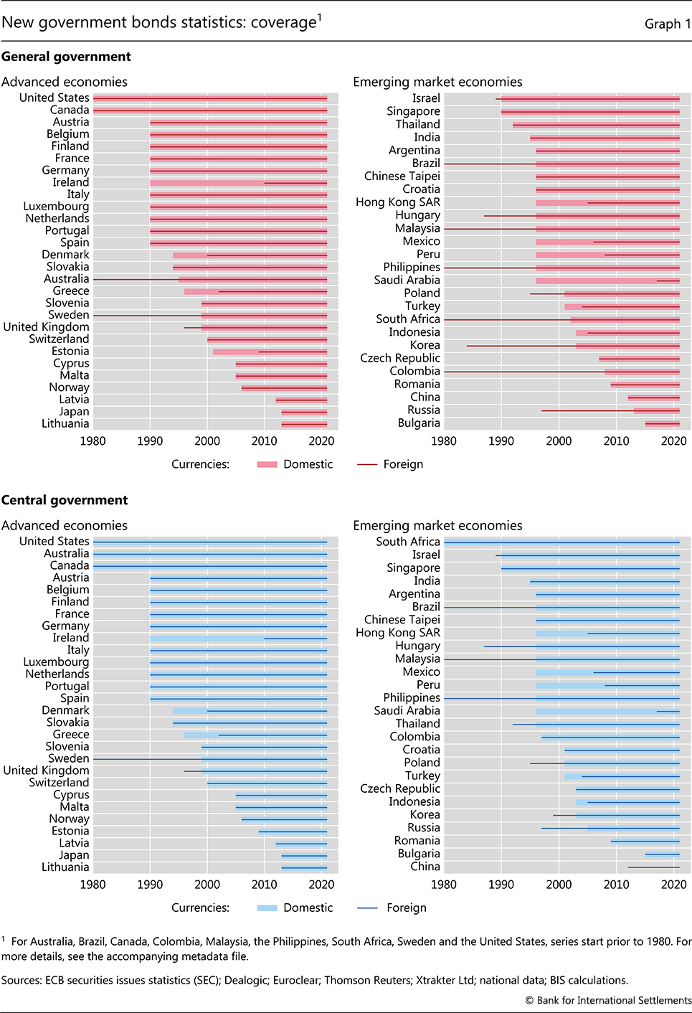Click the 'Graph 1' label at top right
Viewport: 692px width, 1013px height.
pos(668,24)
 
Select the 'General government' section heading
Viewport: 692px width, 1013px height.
pos(66,57)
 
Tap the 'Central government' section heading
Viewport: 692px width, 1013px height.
pos(65,500)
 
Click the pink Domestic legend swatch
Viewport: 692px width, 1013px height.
pos(267,464)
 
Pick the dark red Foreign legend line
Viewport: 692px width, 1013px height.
pos(367,464)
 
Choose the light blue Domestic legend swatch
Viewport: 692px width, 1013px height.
pos(267,908)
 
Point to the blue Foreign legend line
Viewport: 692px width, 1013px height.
pos(367,908)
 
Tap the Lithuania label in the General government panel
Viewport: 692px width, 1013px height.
pos(65,423)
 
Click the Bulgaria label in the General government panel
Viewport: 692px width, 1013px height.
pos(419,423)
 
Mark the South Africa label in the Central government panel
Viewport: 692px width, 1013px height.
pos(408,542)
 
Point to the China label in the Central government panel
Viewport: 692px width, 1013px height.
pos(425,866)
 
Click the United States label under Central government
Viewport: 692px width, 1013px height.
pos(54,541)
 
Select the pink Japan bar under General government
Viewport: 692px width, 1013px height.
pos(304,412)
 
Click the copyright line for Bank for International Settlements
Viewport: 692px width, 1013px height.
pos(608,1000)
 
